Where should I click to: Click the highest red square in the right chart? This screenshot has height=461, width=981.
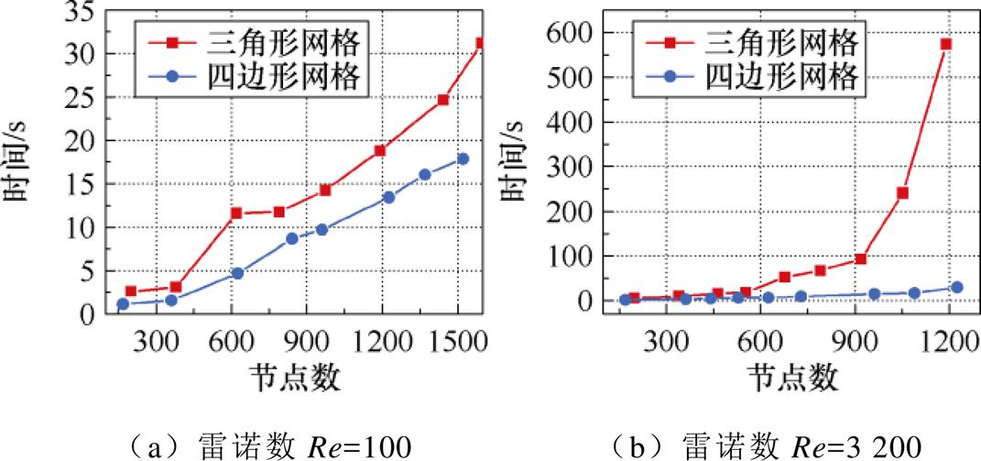946,44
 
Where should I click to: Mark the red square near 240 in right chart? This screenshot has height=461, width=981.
902,193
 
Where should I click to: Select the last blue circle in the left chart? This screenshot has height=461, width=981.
463,159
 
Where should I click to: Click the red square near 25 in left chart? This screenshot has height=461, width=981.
443,99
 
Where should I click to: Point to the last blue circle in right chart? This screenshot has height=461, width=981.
957,287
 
